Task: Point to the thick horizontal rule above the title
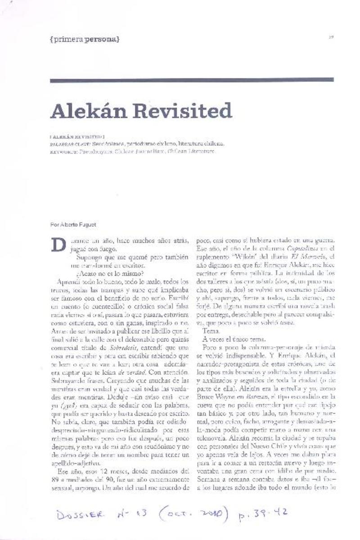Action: [x=192, y=81]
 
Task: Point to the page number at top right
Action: [x=331, y=37]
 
